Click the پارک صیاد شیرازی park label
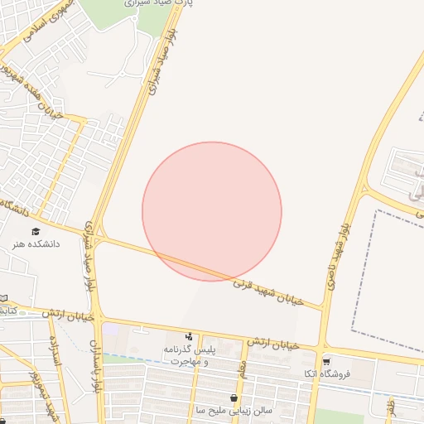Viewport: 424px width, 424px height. click(161, 3)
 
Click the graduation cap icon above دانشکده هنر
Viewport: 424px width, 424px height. click(36, 231)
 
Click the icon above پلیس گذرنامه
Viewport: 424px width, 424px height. click(190, 336)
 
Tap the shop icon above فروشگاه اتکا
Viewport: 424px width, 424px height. click(326, 361)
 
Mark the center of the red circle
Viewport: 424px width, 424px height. click(212, 211)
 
